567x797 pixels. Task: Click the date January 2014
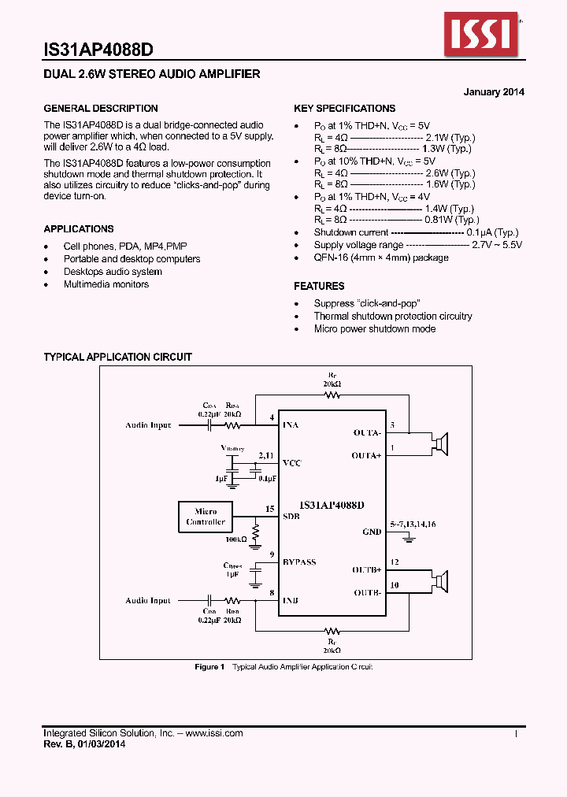point(494,92)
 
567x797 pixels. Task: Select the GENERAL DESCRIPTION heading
point(101,109)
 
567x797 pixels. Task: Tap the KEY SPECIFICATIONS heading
point(344,109)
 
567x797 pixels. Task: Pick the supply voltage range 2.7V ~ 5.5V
point(496,245)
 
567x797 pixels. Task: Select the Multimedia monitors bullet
point(106,284)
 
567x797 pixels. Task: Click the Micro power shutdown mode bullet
point(375,328)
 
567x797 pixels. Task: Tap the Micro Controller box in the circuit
point(206,517)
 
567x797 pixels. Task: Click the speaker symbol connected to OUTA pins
point(441,444)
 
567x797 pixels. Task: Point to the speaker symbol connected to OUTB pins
point(441,582)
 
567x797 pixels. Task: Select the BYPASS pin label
point(299,562)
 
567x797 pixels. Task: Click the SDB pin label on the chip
point(291,515)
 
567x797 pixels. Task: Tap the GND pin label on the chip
point(372,532)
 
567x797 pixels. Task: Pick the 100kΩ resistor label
point(235,539)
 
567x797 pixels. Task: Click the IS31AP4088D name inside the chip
point(332,503)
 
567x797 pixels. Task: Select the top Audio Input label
point(148,425)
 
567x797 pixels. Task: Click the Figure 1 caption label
point(210,667)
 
